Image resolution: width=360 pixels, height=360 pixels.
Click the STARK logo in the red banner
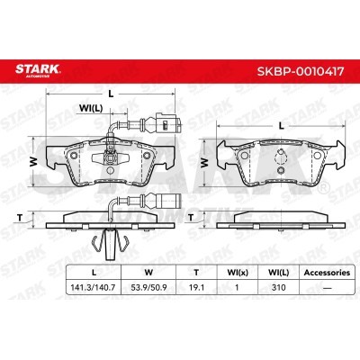click(38, 70)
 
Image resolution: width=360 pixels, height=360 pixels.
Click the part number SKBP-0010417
click(301, 71)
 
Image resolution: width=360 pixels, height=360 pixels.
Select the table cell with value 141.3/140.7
click(93, 287)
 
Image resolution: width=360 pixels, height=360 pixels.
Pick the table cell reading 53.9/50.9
click(148, 287)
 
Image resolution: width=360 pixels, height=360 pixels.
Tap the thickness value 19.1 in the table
click(196, 287)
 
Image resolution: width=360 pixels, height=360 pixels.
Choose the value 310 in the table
click(278, 287)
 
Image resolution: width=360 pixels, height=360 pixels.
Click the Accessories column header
click(327, 273)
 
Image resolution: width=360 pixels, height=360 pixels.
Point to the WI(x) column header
click(238, 273)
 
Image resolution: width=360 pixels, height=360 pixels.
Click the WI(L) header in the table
click(279, 273)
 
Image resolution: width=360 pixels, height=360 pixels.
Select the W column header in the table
click(148, 273)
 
